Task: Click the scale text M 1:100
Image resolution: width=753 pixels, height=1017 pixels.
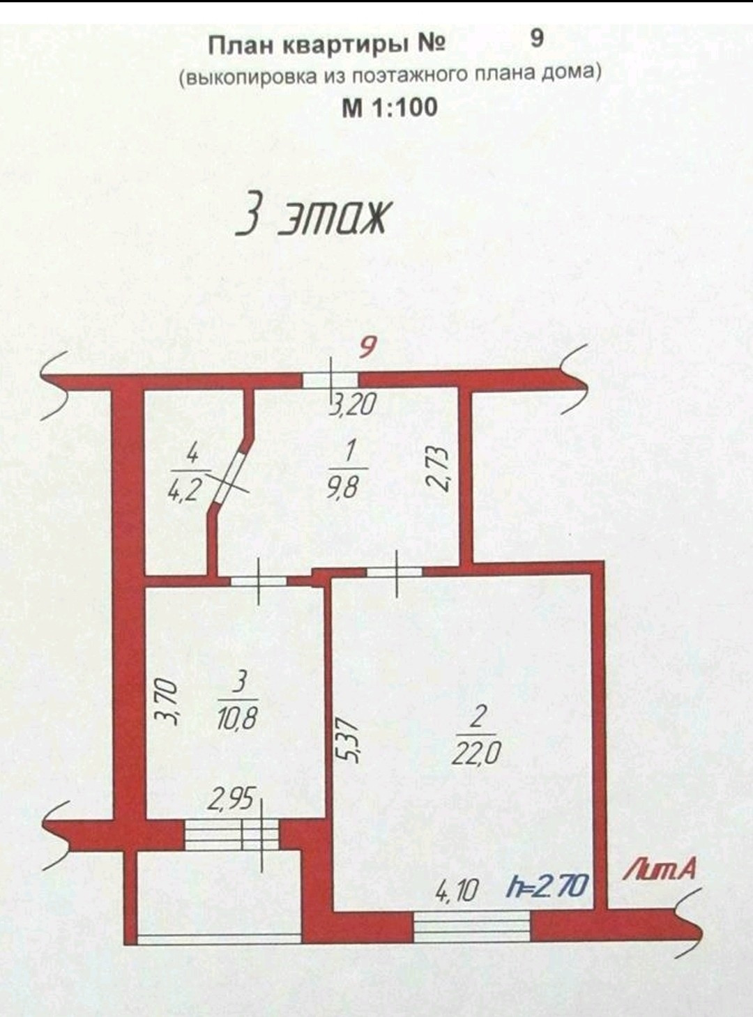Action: [389, 107]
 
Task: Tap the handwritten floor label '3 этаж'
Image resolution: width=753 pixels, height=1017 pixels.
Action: [312, 217]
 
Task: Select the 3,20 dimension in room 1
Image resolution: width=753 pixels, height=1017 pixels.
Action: [352, 404]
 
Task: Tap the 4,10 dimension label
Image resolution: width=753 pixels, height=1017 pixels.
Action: [457, 890]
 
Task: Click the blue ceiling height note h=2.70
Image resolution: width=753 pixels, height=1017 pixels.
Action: [547, 887]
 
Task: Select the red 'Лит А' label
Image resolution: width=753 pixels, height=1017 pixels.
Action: [660, 869]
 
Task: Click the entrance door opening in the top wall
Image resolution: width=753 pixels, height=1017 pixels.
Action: [330, 380]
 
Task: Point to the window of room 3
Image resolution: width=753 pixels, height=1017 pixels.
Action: [231, 835]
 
